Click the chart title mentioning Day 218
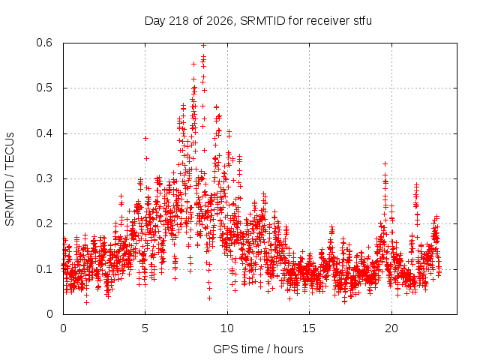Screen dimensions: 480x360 [258, 21]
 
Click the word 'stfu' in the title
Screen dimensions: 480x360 [363, 21]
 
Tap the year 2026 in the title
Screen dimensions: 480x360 [220, 21]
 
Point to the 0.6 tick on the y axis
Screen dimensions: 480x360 [44, 43]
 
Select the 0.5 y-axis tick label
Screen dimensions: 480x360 [44, 88]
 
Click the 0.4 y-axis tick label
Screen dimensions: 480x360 [44, 133]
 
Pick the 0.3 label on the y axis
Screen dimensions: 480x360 [44, 178]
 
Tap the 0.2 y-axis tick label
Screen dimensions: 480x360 [44, 223]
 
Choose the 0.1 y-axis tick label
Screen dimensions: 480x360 [44, 269]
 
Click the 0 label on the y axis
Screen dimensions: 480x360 [49, 314]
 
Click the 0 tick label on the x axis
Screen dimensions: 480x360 [63, 328]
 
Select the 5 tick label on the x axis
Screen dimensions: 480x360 [145, 328]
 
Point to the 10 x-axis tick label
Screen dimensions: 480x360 [226, 328]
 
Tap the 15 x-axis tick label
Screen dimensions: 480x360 [309, 328]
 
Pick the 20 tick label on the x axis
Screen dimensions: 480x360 [391, 328]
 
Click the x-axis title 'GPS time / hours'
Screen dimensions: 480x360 [258, 349]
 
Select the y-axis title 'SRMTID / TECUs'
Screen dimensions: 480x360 [10, 179]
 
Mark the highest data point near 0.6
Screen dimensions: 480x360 [203, 45]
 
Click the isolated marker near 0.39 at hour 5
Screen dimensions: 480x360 [145, 138]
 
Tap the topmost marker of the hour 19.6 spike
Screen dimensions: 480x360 [385, 163]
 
